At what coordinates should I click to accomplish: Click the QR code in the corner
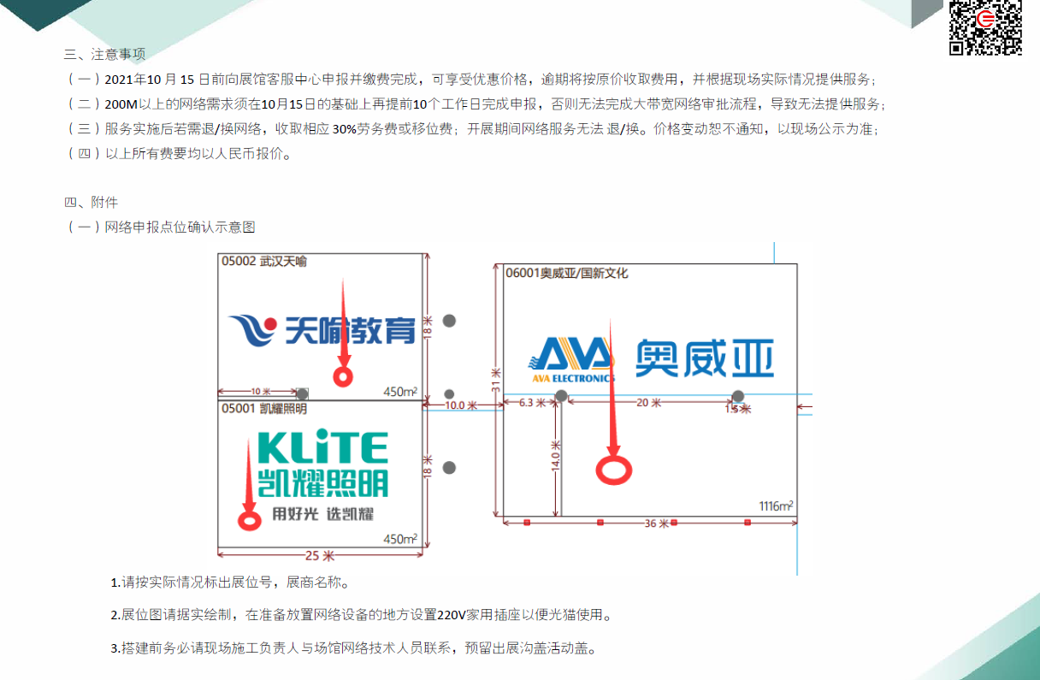point(985,27)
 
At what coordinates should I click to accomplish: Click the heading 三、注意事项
point(105,54)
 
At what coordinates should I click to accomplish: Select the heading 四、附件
point(92,203)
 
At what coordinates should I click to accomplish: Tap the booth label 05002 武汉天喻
point(264,261)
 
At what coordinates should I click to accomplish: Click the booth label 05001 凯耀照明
point(264,408)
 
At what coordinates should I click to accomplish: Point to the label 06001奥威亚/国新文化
point(567,273)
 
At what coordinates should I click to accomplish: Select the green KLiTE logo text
point(322,447)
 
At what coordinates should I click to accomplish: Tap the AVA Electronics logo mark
point(570,358)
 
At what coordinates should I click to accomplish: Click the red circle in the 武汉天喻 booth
point(343,375)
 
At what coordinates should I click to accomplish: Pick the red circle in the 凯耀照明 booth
point(250,519)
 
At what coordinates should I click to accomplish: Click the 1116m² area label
point(776,506)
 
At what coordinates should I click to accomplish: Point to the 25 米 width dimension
point(319,554)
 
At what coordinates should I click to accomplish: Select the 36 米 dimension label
point(656,523)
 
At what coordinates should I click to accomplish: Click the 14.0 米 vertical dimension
point(555,457)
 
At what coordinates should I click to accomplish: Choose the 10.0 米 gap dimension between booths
point(461,405)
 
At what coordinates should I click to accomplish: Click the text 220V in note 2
point(451,614)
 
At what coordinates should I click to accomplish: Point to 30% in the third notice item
point(344,129)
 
